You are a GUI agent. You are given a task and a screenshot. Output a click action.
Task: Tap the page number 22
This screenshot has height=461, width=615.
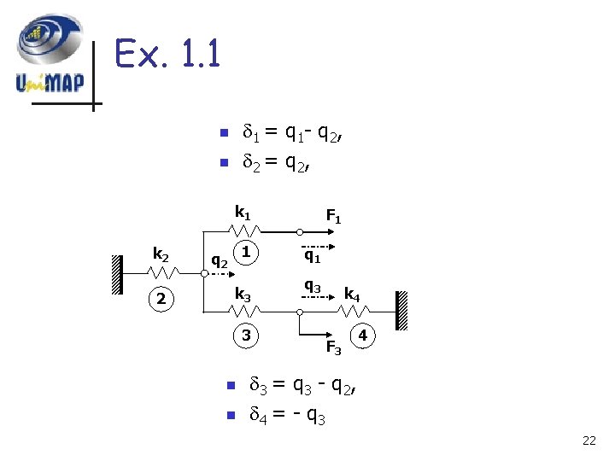tap(589, 441)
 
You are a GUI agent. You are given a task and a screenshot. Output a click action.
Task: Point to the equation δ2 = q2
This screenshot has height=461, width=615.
tap(275, 160)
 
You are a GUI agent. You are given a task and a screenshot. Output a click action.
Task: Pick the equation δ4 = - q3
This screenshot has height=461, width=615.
tap(285, 417)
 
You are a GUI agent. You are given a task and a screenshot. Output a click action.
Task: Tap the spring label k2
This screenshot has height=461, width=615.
tap(161, 253)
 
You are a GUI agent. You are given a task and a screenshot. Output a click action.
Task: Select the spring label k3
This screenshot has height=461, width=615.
tap(243, 295)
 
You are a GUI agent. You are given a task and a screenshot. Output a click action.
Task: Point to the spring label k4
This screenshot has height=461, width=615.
tap(351, 295)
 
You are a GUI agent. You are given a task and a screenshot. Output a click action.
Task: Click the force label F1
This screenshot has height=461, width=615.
tap(333, 218)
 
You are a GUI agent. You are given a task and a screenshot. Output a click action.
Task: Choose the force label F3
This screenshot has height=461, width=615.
tap(333, 347)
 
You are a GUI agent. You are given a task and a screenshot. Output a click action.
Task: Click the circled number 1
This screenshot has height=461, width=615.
tap(246, 253)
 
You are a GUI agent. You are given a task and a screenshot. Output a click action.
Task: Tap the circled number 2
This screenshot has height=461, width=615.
tap(161, 299)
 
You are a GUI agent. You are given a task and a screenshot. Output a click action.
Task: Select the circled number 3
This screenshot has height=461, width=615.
tap(246, 336)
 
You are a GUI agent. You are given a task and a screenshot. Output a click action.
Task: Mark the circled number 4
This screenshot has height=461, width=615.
tap(363, 336)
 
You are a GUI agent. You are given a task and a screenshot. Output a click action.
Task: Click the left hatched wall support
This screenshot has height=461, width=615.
tap(115, 274)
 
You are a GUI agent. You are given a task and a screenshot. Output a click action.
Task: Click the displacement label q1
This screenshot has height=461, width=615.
tap(313, 254)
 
